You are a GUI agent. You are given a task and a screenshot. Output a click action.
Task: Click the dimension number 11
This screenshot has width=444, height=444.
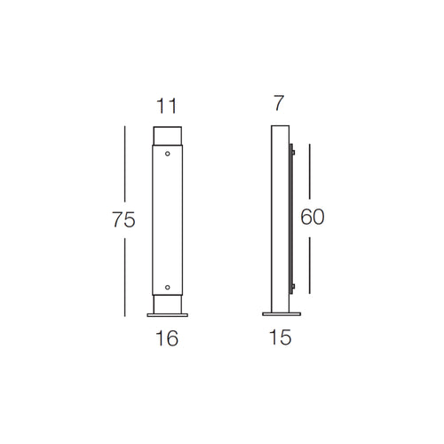[166, 106]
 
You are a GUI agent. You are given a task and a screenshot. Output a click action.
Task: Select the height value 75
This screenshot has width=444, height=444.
[124, 221]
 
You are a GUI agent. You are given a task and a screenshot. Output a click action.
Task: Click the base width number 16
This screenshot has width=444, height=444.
[166, 338]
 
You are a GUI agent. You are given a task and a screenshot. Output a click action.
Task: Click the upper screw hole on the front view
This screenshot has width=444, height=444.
[167, 153]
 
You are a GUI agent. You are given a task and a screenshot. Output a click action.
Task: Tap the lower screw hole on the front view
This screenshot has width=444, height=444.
[167, 287]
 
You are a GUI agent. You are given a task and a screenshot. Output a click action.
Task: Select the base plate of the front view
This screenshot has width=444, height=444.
[167, 313]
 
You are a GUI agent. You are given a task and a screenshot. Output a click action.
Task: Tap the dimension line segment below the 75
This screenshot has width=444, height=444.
[125, 275]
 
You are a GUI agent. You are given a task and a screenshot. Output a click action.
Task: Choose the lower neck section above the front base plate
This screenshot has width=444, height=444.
[167, 304]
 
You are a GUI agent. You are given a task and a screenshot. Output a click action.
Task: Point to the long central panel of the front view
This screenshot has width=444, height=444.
[167, 220]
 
